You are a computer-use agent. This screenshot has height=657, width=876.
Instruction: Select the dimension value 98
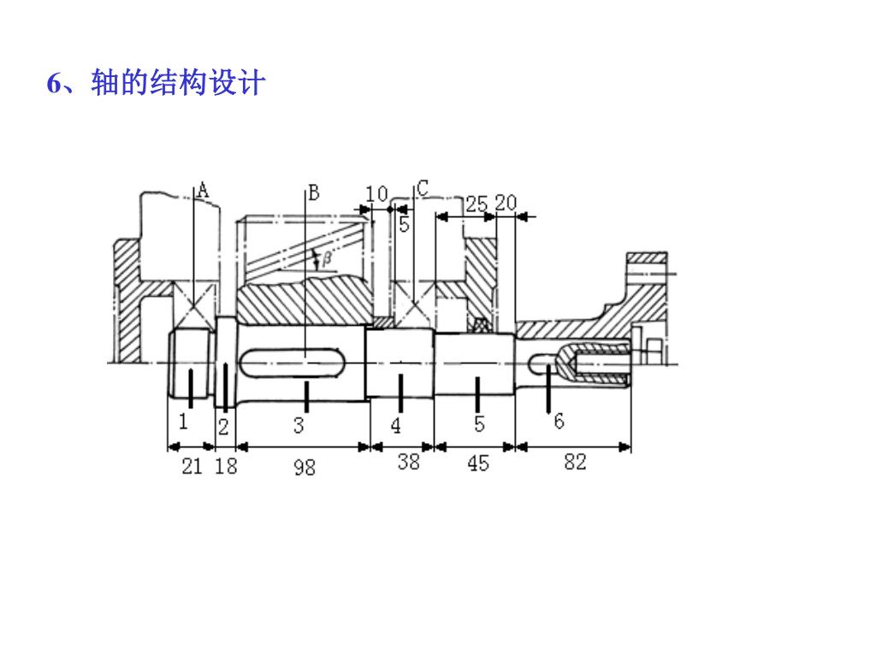point(304,466)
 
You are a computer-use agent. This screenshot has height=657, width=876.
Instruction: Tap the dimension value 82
point(575,463)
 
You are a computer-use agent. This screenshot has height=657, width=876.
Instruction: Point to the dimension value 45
point(478,463)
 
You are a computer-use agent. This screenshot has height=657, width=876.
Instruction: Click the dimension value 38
point(409,463)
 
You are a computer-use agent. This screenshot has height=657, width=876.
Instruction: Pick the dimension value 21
point(192,466)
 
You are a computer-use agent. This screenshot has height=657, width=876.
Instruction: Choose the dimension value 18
point(226,466)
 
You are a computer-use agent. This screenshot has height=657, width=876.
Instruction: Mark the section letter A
point(203,190)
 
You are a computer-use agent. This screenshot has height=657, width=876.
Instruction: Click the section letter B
point(313,192)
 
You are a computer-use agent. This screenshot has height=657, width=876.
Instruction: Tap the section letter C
point(423,188)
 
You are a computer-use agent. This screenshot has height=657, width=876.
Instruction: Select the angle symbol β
point(327,256)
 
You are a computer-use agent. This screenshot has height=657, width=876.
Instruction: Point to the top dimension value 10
point(376,194)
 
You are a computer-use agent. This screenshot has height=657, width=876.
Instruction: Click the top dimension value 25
point(476,204)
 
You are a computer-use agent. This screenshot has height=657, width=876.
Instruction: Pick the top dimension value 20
point(506,203)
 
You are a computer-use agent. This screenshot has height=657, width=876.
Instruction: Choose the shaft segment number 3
point(299,425)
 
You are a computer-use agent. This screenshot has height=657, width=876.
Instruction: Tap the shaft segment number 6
point(559,421)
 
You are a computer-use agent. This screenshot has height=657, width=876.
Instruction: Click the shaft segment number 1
point(182,421)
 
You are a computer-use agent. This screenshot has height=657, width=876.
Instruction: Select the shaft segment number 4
point(396,425)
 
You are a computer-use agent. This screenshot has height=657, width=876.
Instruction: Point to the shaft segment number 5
point(479,423)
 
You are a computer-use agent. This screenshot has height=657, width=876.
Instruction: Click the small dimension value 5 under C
point(404,225)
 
